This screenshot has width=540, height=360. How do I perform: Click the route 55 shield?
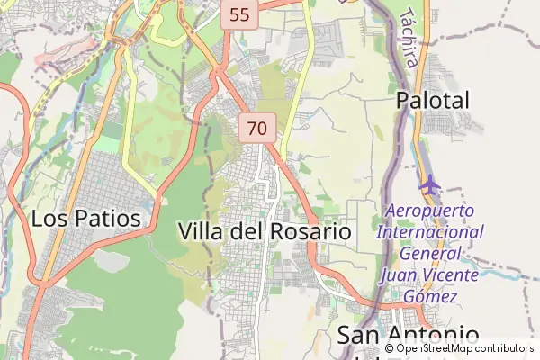click(x=239, y=14)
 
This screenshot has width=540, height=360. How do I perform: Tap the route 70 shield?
click(x=256, y=129)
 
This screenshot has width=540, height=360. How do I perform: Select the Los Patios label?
click(x=85, y=219)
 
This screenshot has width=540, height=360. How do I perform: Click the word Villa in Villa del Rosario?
click(x=202, y=231)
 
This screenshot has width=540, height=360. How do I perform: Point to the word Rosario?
click(x=310, y=231)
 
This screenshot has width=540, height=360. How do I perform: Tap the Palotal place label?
click(x=433, y=101)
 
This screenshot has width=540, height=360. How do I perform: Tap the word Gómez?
click(x=429, y=296)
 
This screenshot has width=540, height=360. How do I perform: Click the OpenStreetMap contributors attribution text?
click(x=464, y=348)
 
